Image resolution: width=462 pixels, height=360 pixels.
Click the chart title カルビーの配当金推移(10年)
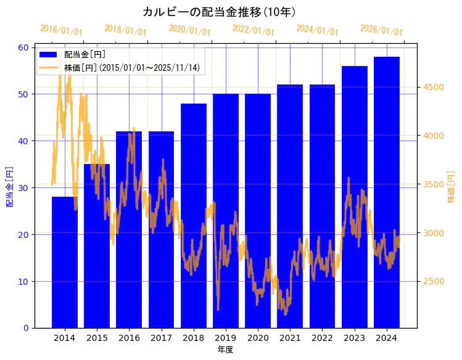(219, 12)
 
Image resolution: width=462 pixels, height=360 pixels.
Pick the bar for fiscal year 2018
(194, 216)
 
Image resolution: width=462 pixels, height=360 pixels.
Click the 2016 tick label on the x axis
(129, 338)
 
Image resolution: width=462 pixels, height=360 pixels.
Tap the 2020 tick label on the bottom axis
(258, 338)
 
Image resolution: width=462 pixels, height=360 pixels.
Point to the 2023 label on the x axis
(355, 338)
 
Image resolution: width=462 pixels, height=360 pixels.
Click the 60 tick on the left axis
(23, 47)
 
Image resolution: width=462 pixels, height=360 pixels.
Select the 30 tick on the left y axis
(23, 188)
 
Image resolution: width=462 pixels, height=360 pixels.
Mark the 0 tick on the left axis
(25, 328)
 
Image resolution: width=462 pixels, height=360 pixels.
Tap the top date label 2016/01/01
(61, 30)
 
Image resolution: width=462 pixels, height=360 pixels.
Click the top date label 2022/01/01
(253, 30)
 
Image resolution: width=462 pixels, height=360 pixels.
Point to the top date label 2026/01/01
(381, 30)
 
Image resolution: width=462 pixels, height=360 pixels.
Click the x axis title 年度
(225, 350)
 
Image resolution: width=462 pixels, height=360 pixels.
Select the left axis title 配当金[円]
(9, 186)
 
